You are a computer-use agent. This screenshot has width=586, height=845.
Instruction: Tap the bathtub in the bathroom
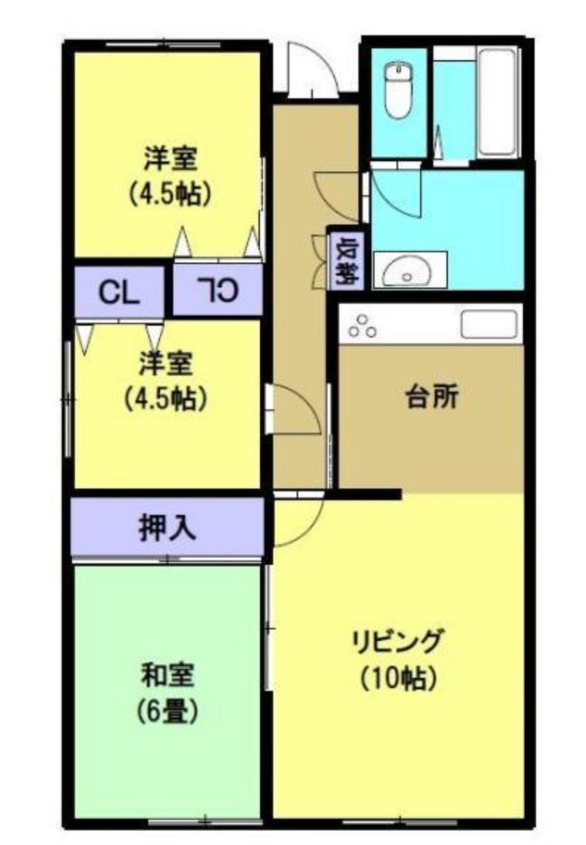click(498, 103)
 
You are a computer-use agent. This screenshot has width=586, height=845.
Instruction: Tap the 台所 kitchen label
click(432, 398)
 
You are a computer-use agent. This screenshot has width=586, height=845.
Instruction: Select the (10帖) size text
click(398, 678)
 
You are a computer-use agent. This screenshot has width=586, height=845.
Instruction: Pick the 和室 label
click(168, 676)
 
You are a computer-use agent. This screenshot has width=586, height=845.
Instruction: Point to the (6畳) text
click(168, 712)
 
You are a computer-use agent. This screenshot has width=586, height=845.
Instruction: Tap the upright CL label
click(119, 293)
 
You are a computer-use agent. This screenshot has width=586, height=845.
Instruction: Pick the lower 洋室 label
click(166, 363)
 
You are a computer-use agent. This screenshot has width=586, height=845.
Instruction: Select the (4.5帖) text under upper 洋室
click(169, 194)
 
